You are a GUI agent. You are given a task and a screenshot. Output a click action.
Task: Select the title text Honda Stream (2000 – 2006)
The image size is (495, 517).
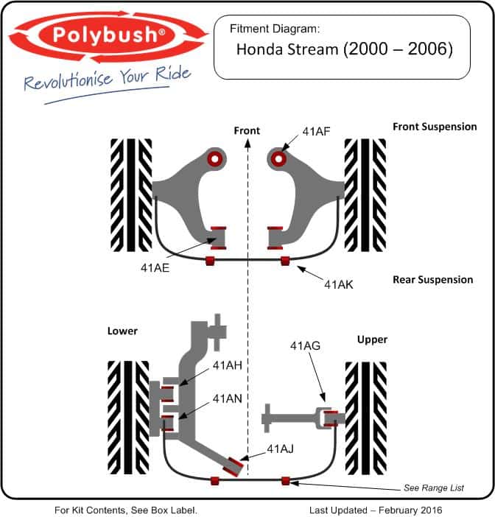pyautogui.click(x=345, y=49)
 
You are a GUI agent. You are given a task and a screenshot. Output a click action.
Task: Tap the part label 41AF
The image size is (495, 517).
pyautogui.click(x=316, y=132)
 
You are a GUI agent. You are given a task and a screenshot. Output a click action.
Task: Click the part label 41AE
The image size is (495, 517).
pyautogui.click(x=155, y=268)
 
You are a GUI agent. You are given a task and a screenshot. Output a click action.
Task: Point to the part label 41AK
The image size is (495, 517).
pyautogui.click(x=339, y=284)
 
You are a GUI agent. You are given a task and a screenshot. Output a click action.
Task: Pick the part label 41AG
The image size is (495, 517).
pyautogui.click(x=305, y=346)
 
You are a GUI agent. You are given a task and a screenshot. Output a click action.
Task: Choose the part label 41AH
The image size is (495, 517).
pyautogui.click(x=227, y=365)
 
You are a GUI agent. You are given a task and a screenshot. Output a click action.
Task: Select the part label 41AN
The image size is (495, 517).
pyautogui.click(x=227, y=399)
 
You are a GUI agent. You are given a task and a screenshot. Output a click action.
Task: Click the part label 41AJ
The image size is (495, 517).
pyautogui.click(x=280, y=449)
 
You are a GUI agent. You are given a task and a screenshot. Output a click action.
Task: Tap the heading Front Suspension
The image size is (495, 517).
pyautogui.click(x=435, y=127)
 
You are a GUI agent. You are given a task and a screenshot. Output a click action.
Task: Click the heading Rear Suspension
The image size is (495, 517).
pyautogui.click(x=432, y=280)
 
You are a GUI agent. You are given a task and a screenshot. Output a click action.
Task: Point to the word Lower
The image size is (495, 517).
pyautogui.click(x=122, y=331)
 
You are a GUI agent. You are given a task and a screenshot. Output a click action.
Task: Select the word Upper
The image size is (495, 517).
pyautogui.click(x=372, y=340)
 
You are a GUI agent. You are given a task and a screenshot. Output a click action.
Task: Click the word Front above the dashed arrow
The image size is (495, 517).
pyautogui.click(x=247, y=130)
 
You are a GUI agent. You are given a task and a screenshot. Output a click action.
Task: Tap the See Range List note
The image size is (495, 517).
pyautogui.click(x=434, y=488)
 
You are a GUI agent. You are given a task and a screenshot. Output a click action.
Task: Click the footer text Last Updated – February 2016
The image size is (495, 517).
pyautogui.click(x=376, y=510)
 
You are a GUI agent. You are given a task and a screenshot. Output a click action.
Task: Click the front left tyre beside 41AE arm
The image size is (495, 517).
pyautogui.click(x=131, y=195)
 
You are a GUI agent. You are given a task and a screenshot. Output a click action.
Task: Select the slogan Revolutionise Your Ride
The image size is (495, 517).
pyautogui.click(x=108, y=78)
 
